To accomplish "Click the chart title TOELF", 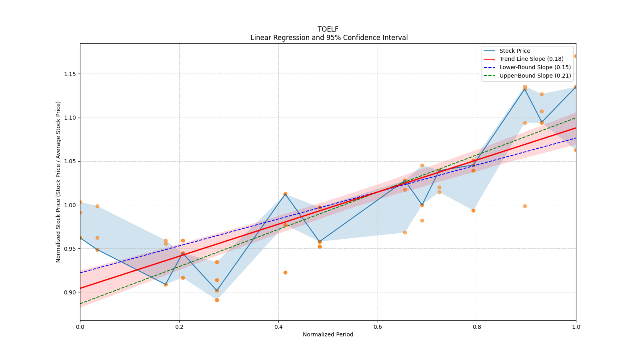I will [328, 29].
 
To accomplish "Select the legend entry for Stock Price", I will [515, 51].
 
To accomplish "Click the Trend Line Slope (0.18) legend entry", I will [531, 59].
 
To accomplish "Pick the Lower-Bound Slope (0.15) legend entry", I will [535, 68].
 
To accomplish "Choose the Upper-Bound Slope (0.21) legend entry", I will [535, 76].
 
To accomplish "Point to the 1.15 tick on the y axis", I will [70, 74].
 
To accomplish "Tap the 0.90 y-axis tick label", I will [70, 292].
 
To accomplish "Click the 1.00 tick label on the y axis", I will [70, 205].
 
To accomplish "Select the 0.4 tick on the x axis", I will [278, 327].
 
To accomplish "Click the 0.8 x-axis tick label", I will [477, 327].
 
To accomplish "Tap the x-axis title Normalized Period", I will [328, 334].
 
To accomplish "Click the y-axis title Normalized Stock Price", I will [58, 182].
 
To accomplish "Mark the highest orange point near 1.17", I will [576, 56].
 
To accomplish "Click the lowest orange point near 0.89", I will [217, 300].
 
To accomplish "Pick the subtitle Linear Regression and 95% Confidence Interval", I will [329, 38].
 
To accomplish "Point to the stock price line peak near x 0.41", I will [285, 194].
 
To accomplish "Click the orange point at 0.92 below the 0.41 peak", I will [285, 272].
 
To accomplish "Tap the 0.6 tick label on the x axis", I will [378, 327].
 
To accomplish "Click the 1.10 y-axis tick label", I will [70, 118].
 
